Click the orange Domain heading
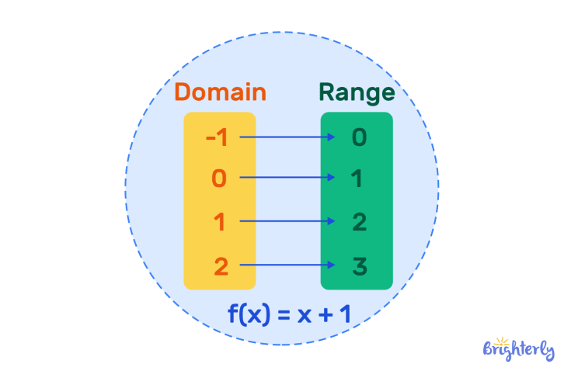[x=220, y=92]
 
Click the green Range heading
[x=357, y=93]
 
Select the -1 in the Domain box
[x=218, y=137]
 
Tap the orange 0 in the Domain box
[x=220, y=179]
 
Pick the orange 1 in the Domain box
[x=220, y=223]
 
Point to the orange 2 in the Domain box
[x=221, y=266]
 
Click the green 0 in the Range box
[x=358, y=137]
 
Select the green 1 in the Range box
[x=358, y=179]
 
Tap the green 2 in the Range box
[x=358, y=223]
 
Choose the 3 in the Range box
[x=358, y=266]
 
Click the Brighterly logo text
[x=519, y=350]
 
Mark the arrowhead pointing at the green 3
[x=332, y=265]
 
